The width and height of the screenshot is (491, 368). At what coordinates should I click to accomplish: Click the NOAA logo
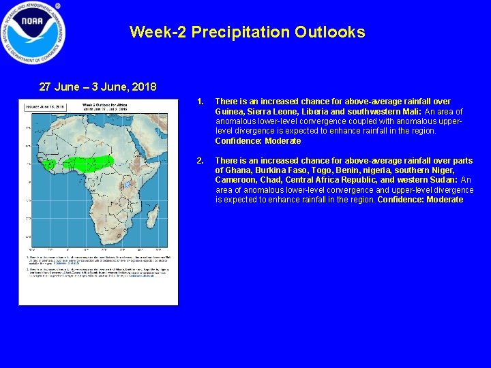coord(33,33)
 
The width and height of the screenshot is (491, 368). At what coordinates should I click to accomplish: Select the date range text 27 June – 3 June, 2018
coord(98,87)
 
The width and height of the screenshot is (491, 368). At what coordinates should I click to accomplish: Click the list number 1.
coord(200,102)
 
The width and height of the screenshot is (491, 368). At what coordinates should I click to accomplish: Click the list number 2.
coord(200,161)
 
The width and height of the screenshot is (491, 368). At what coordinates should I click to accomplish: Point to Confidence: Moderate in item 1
coord(258,141)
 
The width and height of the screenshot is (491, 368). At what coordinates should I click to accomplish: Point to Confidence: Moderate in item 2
coord(420,200)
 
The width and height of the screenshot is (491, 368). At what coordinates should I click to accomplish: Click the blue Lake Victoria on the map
coord(127,184)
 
